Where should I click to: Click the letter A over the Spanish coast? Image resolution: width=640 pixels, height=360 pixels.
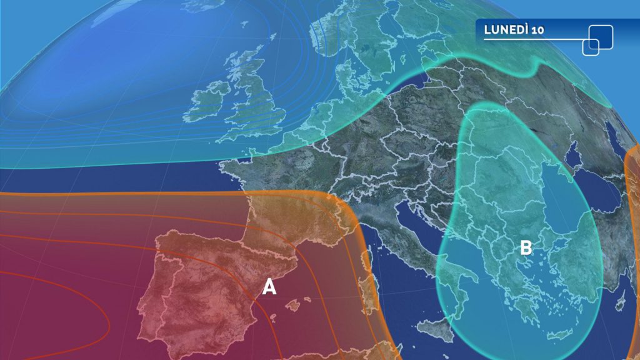coord(269,286)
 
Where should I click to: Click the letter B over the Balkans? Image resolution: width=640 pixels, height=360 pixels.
coord(526,248)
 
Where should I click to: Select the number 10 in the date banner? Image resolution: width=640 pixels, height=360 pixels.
coord(536,31)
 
